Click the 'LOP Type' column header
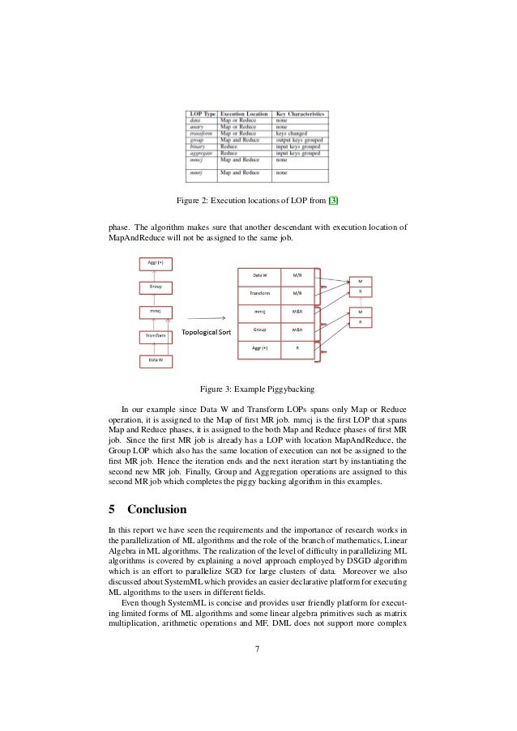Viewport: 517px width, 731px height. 203,115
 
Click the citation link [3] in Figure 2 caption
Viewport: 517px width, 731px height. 345,201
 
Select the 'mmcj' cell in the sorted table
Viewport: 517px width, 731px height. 258,311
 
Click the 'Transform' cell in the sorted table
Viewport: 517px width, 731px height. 258,293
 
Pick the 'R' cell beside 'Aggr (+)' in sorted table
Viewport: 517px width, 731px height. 297,348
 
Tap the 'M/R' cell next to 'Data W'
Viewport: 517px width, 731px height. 297,275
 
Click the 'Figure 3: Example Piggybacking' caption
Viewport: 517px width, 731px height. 258,389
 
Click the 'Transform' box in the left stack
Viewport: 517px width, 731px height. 155,334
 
